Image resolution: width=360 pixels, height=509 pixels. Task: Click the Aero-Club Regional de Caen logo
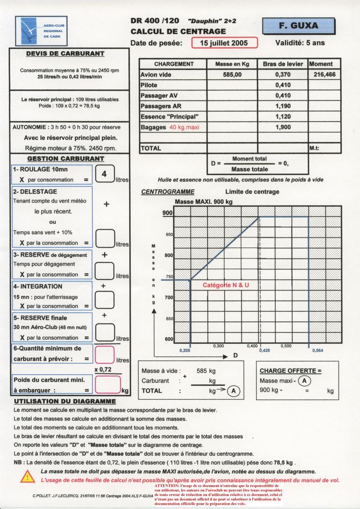click(41, 31)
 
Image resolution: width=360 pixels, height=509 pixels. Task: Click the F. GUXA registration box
click(299, 26)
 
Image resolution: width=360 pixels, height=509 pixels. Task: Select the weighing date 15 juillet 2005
click(224, 43)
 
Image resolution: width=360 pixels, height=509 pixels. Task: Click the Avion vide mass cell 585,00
click(232, 75)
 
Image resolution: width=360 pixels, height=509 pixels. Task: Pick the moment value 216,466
click(324, 75)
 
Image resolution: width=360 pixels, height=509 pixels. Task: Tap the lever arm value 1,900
click(283, 127)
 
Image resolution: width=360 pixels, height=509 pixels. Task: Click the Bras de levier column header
click(283, 64)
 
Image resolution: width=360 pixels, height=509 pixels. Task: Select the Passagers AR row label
click(161, 106)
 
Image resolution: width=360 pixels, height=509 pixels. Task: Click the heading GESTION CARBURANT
click(65, 159)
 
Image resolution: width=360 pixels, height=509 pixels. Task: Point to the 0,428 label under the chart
click(265, 350)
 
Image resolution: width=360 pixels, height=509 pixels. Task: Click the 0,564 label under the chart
click(318, 350)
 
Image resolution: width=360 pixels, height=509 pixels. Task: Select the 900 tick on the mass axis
click(167, 213)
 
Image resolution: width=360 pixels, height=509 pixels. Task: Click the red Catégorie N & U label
click(226, 285)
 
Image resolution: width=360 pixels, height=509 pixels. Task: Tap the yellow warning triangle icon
click(28, 476)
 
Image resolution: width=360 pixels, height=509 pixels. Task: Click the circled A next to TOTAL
click(234, 391)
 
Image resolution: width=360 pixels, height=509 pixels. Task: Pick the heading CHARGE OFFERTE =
click(290, 371)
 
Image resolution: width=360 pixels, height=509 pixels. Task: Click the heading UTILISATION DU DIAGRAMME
click(65, 401)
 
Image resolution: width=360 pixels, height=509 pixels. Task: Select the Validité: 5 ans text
click(300, 43)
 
